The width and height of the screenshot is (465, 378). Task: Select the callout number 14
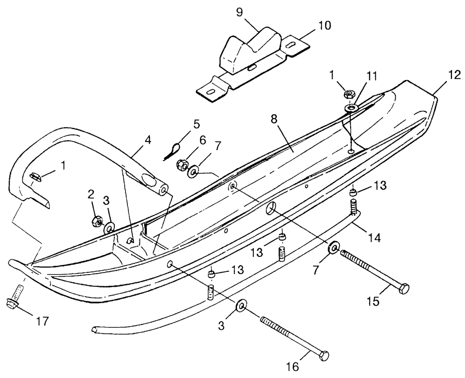coord(375,238)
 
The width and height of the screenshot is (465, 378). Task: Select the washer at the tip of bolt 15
coord(333,248)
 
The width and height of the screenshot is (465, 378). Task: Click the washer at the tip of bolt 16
coord(241,306)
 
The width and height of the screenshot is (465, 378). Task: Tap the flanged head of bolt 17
coord(13,304)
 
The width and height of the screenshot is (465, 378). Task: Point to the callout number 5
coord(196,124)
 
